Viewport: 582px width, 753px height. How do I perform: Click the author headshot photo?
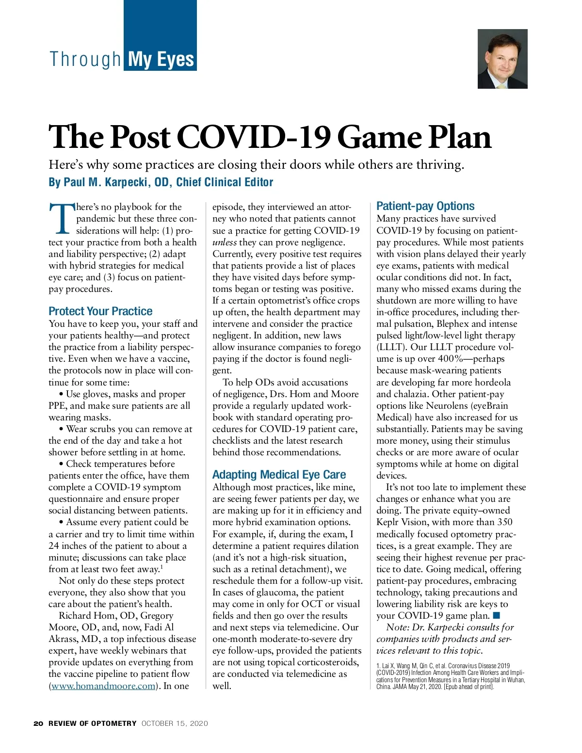click(x=502, y=59)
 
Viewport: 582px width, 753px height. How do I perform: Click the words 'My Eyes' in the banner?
click(x=161, y=60)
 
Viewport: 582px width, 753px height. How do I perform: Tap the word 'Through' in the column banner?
click(x=85, y=60)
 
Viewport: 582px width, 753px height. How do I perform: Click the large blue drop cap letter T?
click(x=61, y=218)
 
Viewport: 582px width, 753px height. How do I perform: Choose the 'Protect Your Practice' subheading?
click(x=100, y=311)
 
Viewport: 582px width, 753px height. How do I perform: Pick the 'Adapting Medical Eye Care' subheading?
click(x=279, y=475)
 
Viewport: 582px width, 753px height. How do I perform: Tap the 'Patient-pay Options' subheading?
click(x=425, y=206)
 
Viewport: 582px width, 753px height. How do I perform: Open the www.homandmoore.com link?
click(x=103, y=686)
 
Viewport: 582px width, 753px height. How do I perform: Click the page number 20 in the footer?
click(x=38, y=723)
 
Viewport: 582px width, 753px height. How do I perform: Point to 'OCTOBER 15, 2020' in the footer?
click(x=175, y=723)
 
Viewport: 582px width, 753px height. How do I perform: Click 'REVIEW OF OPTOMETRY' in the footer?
click(x=92, y=723)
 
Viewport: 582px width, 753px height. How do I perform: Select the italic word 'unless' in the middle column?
click(x=225, y=242)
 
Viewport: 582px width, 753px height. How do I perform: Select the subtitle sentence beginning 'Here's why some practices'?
click(x=256, y=165)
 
